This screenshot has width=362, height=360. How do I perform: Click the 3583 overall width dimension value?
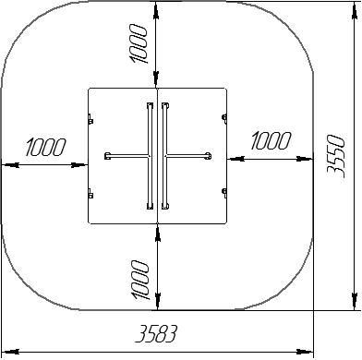pos(157,334)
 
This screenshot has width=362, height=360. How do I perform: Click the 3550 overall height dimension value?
pos(335,156)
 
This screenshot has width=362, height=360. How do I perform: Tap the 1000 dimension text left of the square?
pos(45,147)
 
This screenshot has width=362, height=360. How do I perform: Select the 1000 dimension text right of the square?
pos(271,141)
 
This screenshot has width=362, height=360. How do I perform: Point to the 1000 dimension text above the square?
pos(139,44)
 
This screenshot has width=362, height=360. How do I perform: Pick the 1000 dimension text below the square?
pos(139,280)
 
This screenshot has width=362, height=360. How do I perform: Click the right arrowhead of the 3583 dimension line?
pos(305,352)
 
